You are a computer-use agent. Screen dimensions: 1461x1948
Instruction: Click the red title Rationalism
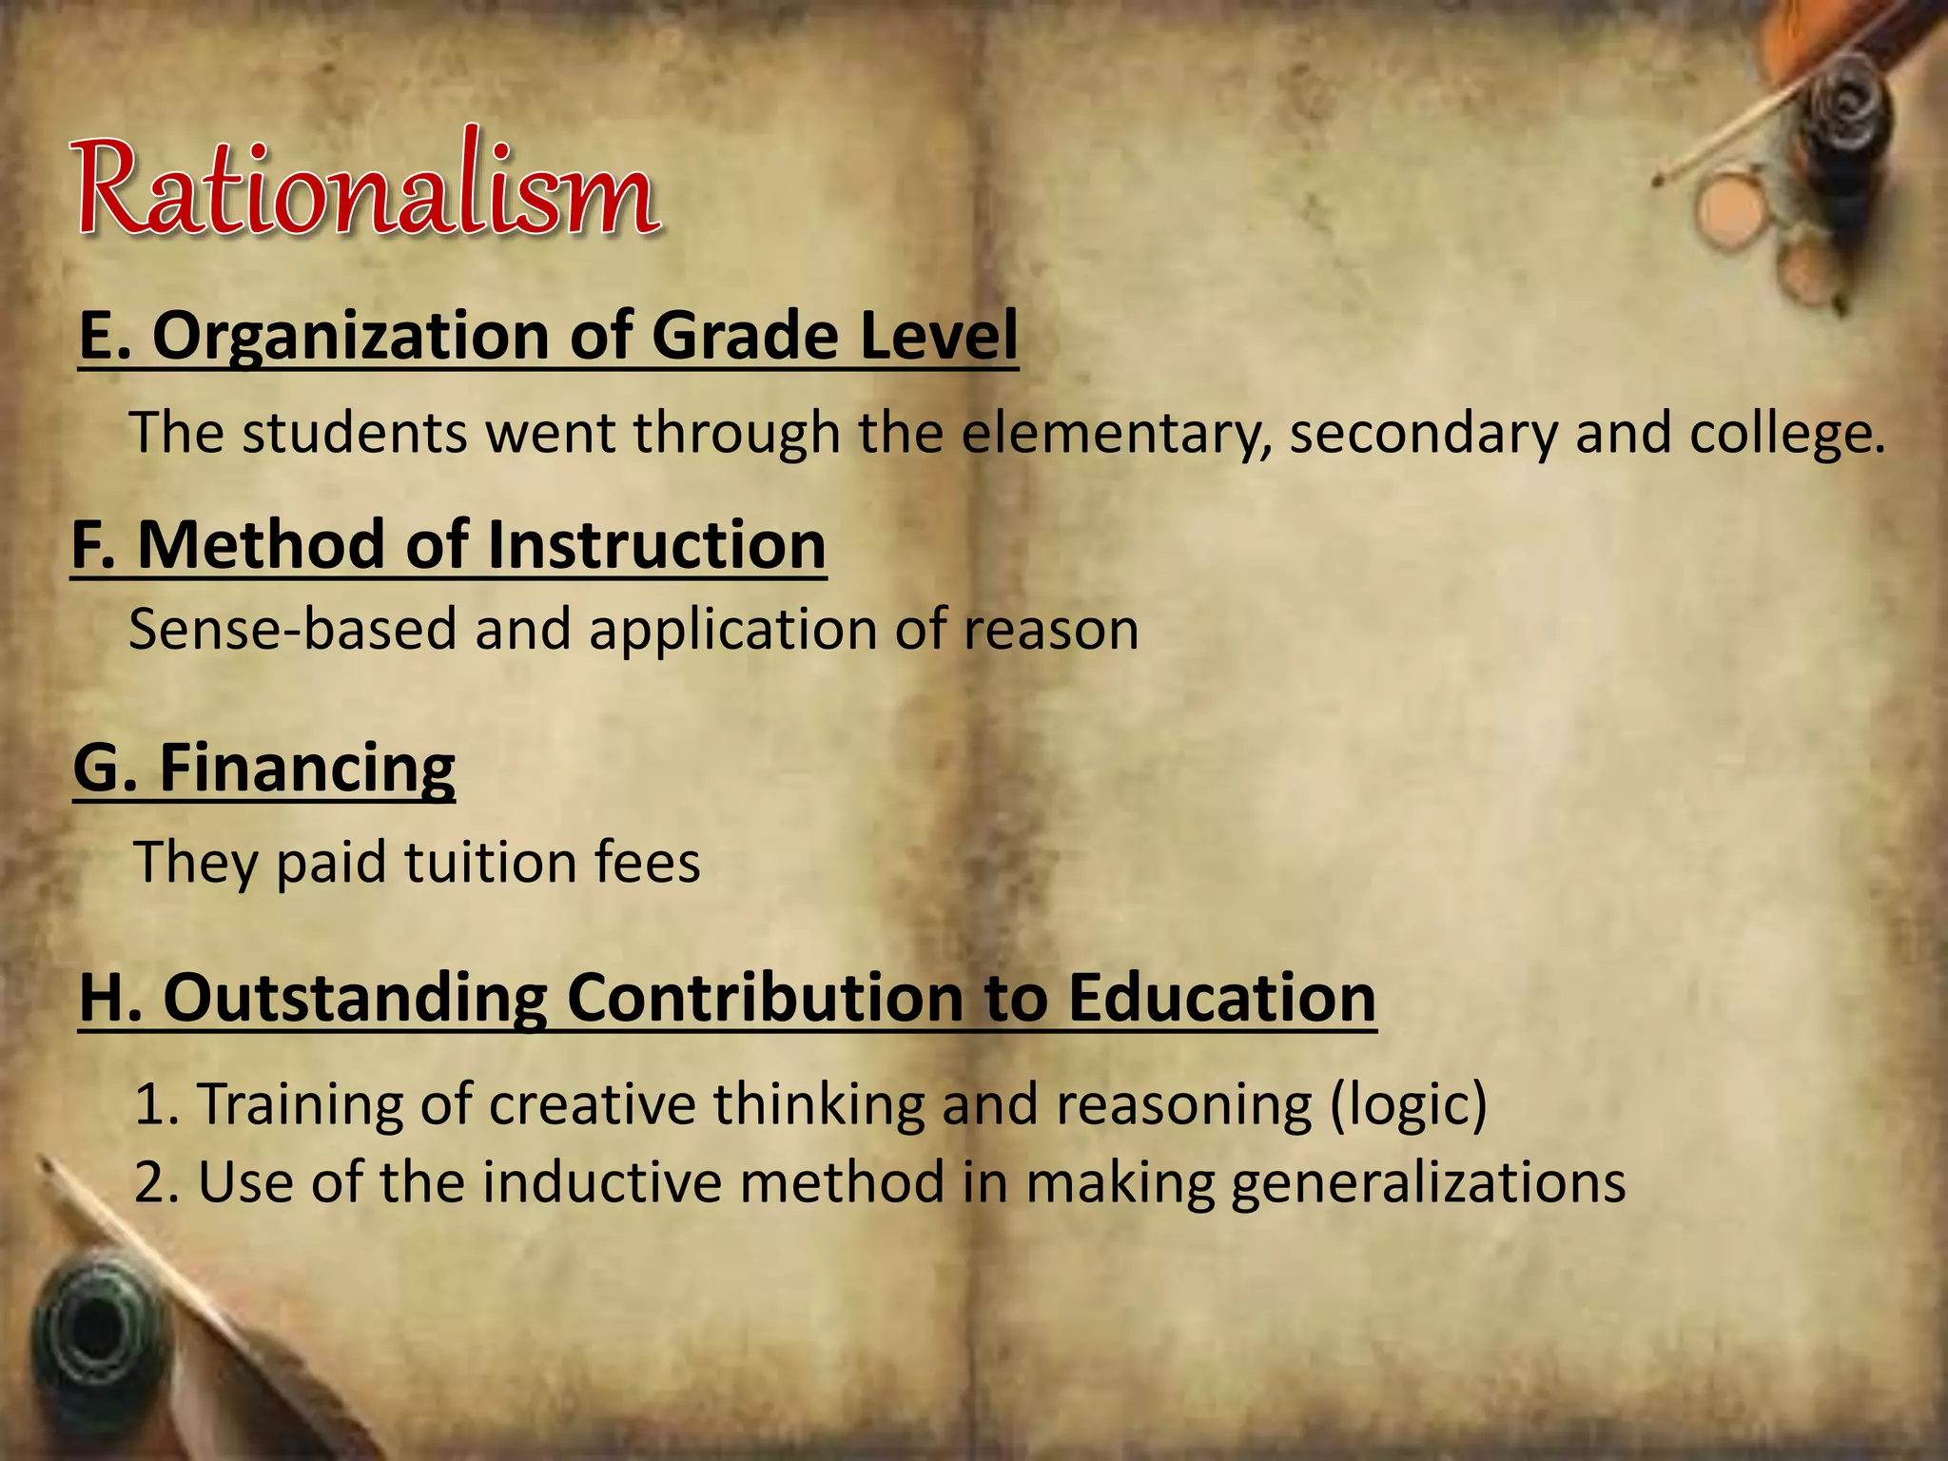pyautogui.click(x=366, y=186)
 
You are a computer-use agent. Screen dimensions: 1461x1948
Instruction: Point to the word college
pyautogui.click(x=1787, y=435)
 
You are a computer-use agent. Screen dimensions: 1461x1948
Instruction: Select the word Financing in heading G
pyautogui.click(x=306, y=768)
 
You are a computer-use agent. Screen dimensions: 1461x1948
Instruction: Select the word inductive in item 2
pyautogui.click(x=602, y=1182)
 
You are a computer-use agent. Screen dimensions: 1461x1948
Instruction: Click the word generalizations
pyautogui.click(x=1428, y=1184)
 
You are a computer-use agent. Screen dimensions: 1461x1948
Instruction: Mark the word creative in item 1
pyautogui.click(x=593, y=1104)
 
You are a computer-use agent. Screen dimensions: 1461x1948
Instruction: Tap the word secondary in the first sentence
pyautogui.click(x=1423, y=435)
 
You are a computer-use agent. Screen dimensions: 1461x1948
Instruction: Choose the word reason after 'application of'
pyautogui.click(x=1051, y=631)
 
